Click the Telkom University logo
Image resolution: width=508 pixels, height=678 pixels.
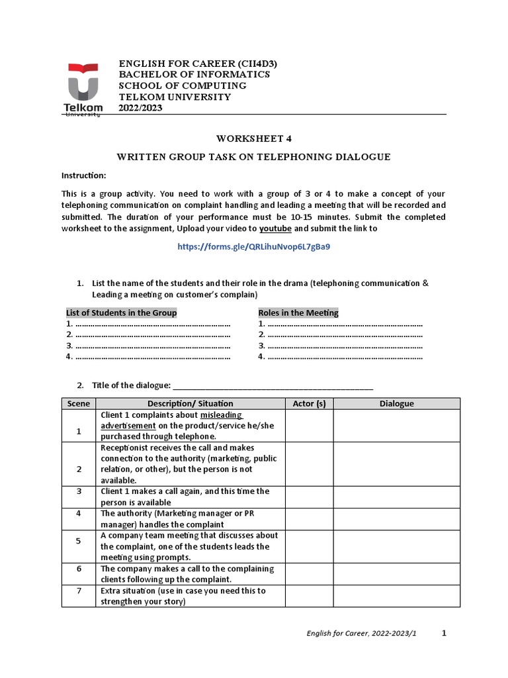pos(83,89)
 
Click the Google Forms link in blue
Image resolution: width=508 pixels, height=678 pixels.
pos(253,246)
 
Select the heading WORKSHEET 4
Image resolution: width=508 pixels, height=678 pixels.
pos(253,138)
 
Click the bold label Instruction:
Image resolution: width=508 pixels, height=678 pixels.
pos(83,175)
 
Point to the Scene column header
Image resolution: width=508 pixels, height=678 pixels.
pos(78,403)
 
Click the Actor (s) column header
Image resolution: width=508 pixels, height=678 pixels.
pos(309,403)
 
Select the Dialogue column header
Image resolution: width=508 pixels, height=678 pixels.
pos(396,403)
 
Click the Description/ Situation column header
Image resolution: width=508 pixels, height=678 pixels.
pos(190,403)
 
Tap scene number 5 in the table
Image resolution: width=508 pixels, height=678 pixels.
pos(78,541)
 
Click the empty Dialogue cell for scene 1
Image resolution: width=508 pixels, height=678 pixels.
pos(396,426)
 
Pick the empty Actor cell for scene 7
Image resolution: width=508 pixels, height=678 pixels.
pos(309,596)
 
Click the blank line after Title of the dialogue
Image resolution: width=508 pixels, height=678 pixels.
pos(272,385)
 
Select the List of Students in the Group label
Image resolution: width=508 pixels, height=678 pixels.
pos(122,313)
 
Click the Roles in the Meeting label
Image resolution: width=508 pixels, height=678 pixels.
pos(298,313)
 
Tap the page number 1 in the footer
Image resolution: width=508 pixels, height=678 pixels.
pos(444,633)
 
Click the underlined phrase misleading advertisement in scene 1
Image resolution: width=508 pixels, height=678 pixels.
pos(172,420)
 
